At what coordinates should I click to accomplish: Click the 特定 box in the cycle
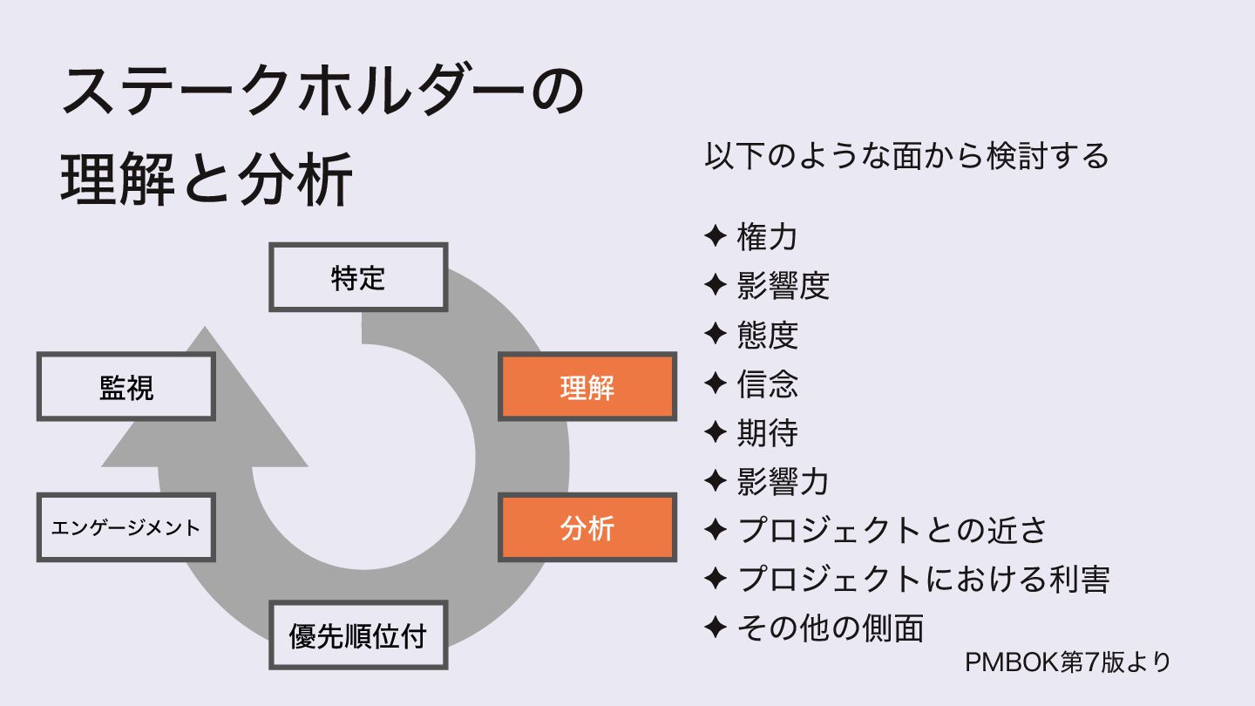point(358,277)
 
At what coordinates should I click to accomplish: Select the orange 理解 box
point(587,386)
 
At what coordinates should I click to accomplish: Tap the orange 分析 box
point(587,527)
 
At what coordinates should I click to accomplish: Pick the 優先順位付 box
point(358,635)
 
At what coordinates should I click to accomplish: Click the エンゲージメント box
point(125,527)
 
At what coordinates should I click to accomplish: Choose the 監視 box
point(125,386)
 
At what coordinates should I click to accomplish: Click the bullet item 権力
point(767,236)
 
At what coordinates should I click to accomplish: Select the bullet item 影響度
point(783,285)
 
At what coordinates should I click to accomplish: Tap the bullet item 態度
point(767,334)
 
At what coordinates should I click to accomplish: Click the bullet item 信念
point(767,383)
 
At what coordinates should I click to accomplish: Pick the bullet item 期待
point(767,431)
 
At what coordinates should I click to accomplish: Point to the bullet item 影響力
point(783,480)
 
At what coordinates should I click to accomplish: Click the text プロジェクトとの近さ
point(892,529)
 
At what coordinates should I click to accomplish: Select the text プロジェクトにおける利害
point(923,578)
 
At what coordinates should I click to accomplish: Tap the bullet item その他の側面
point(830,627)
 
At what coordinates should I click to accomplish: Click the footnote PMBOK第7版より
point(1068,662)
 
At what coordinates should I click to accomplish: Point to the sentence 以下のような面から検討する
point(906,156)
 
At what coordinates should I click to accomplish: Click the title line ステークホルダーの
point(322,93)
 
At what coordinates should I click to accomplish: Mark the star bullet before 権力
point(715,236)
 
